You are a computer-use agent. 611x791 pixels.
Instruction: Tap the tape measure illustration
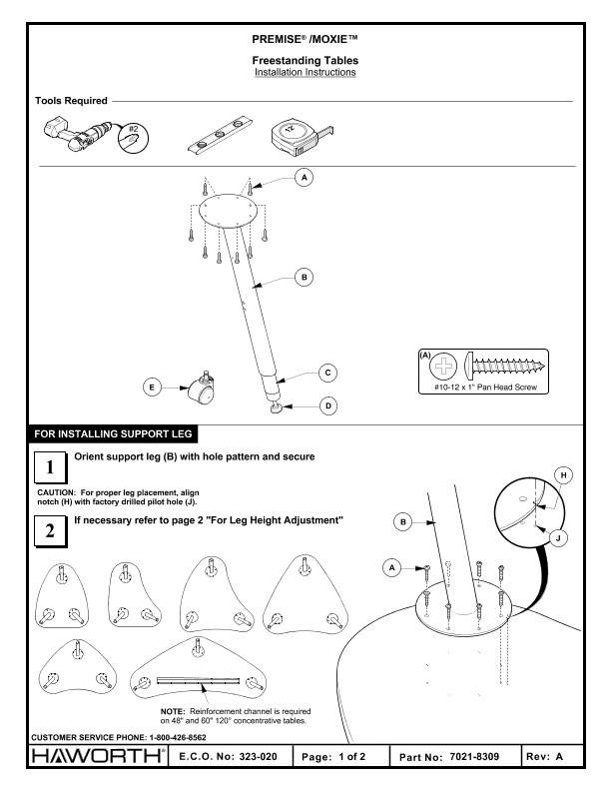click(x=301, y=137)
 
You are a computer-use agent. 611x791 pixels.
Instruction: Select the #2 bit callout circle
click(x=133, y=137)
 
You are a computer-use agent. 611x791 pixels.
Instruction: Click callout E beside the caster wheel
click(x=152, y=388)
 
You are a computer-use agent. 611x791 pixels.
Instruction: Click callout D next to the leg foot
click(x=328, y=405)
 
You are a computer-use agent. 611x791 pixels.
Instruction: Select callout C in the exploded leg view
click(x=327, y=373)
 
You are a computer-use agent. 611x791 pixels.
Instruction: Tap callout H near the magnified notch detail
click(x=563, y=475)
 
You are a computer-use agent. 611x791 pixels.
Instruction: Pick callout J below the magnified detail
click(x=558, y=538)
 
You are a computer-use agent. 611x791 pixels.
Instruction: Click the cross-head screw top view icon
click(x=443, y=366)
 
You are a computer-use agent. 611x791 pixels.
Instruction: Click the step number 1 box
click(x=50, y=467)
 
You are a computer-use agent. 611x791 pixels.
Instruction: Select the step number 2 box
click(x=50, y=531)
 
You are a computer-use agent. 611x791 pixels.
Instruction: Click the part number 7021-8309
click(x=474, y=757)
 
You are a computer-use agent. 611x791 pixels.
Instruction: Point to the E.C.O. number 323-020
click(x=259, y=757)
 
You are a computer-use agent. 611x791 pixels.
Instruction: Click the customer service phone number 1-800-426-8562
click(x=178, y=737)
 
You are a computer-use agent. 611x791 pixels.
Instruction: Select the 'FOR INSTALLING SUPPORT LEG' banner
click(x=114, y=433)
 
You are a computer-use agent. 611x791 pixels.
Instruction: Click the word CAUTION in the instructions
click(x=56, y=492)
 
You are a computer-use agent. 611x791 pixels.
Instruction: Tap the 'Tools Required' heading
click(x=71, y=101)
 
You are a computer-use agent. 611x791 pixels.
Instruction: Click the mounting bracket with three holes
click(x=220, y=134)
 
